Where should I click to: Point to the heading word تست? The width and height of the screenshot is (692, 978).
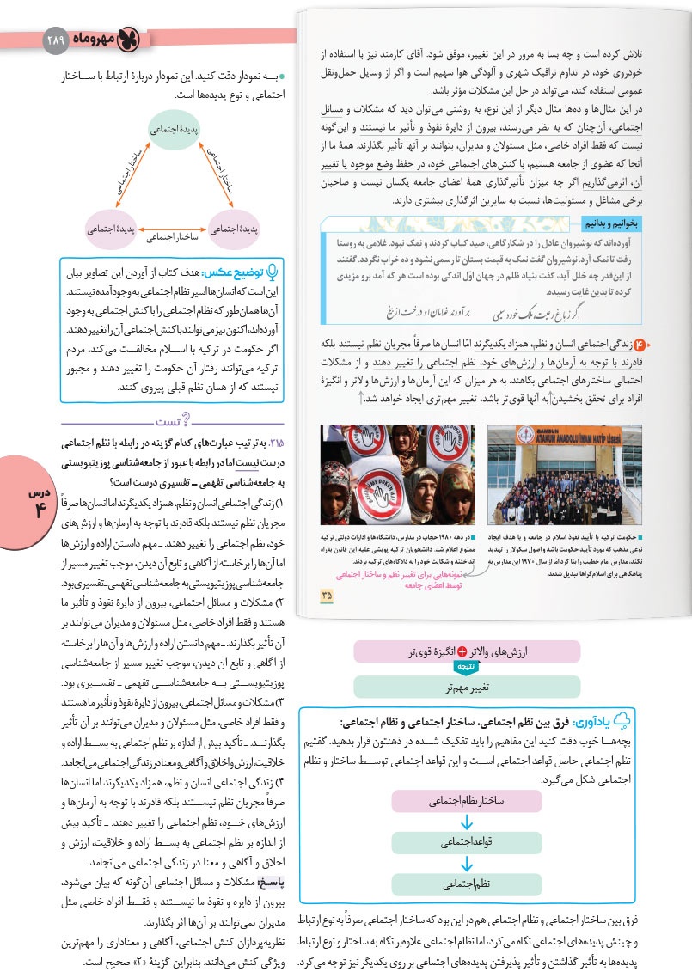point(166,422)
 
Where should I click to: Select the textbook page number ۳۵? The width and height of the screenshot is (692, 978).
point(326,593)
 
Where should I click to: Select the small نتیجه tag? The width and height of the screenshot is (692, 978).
point(457,643)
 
